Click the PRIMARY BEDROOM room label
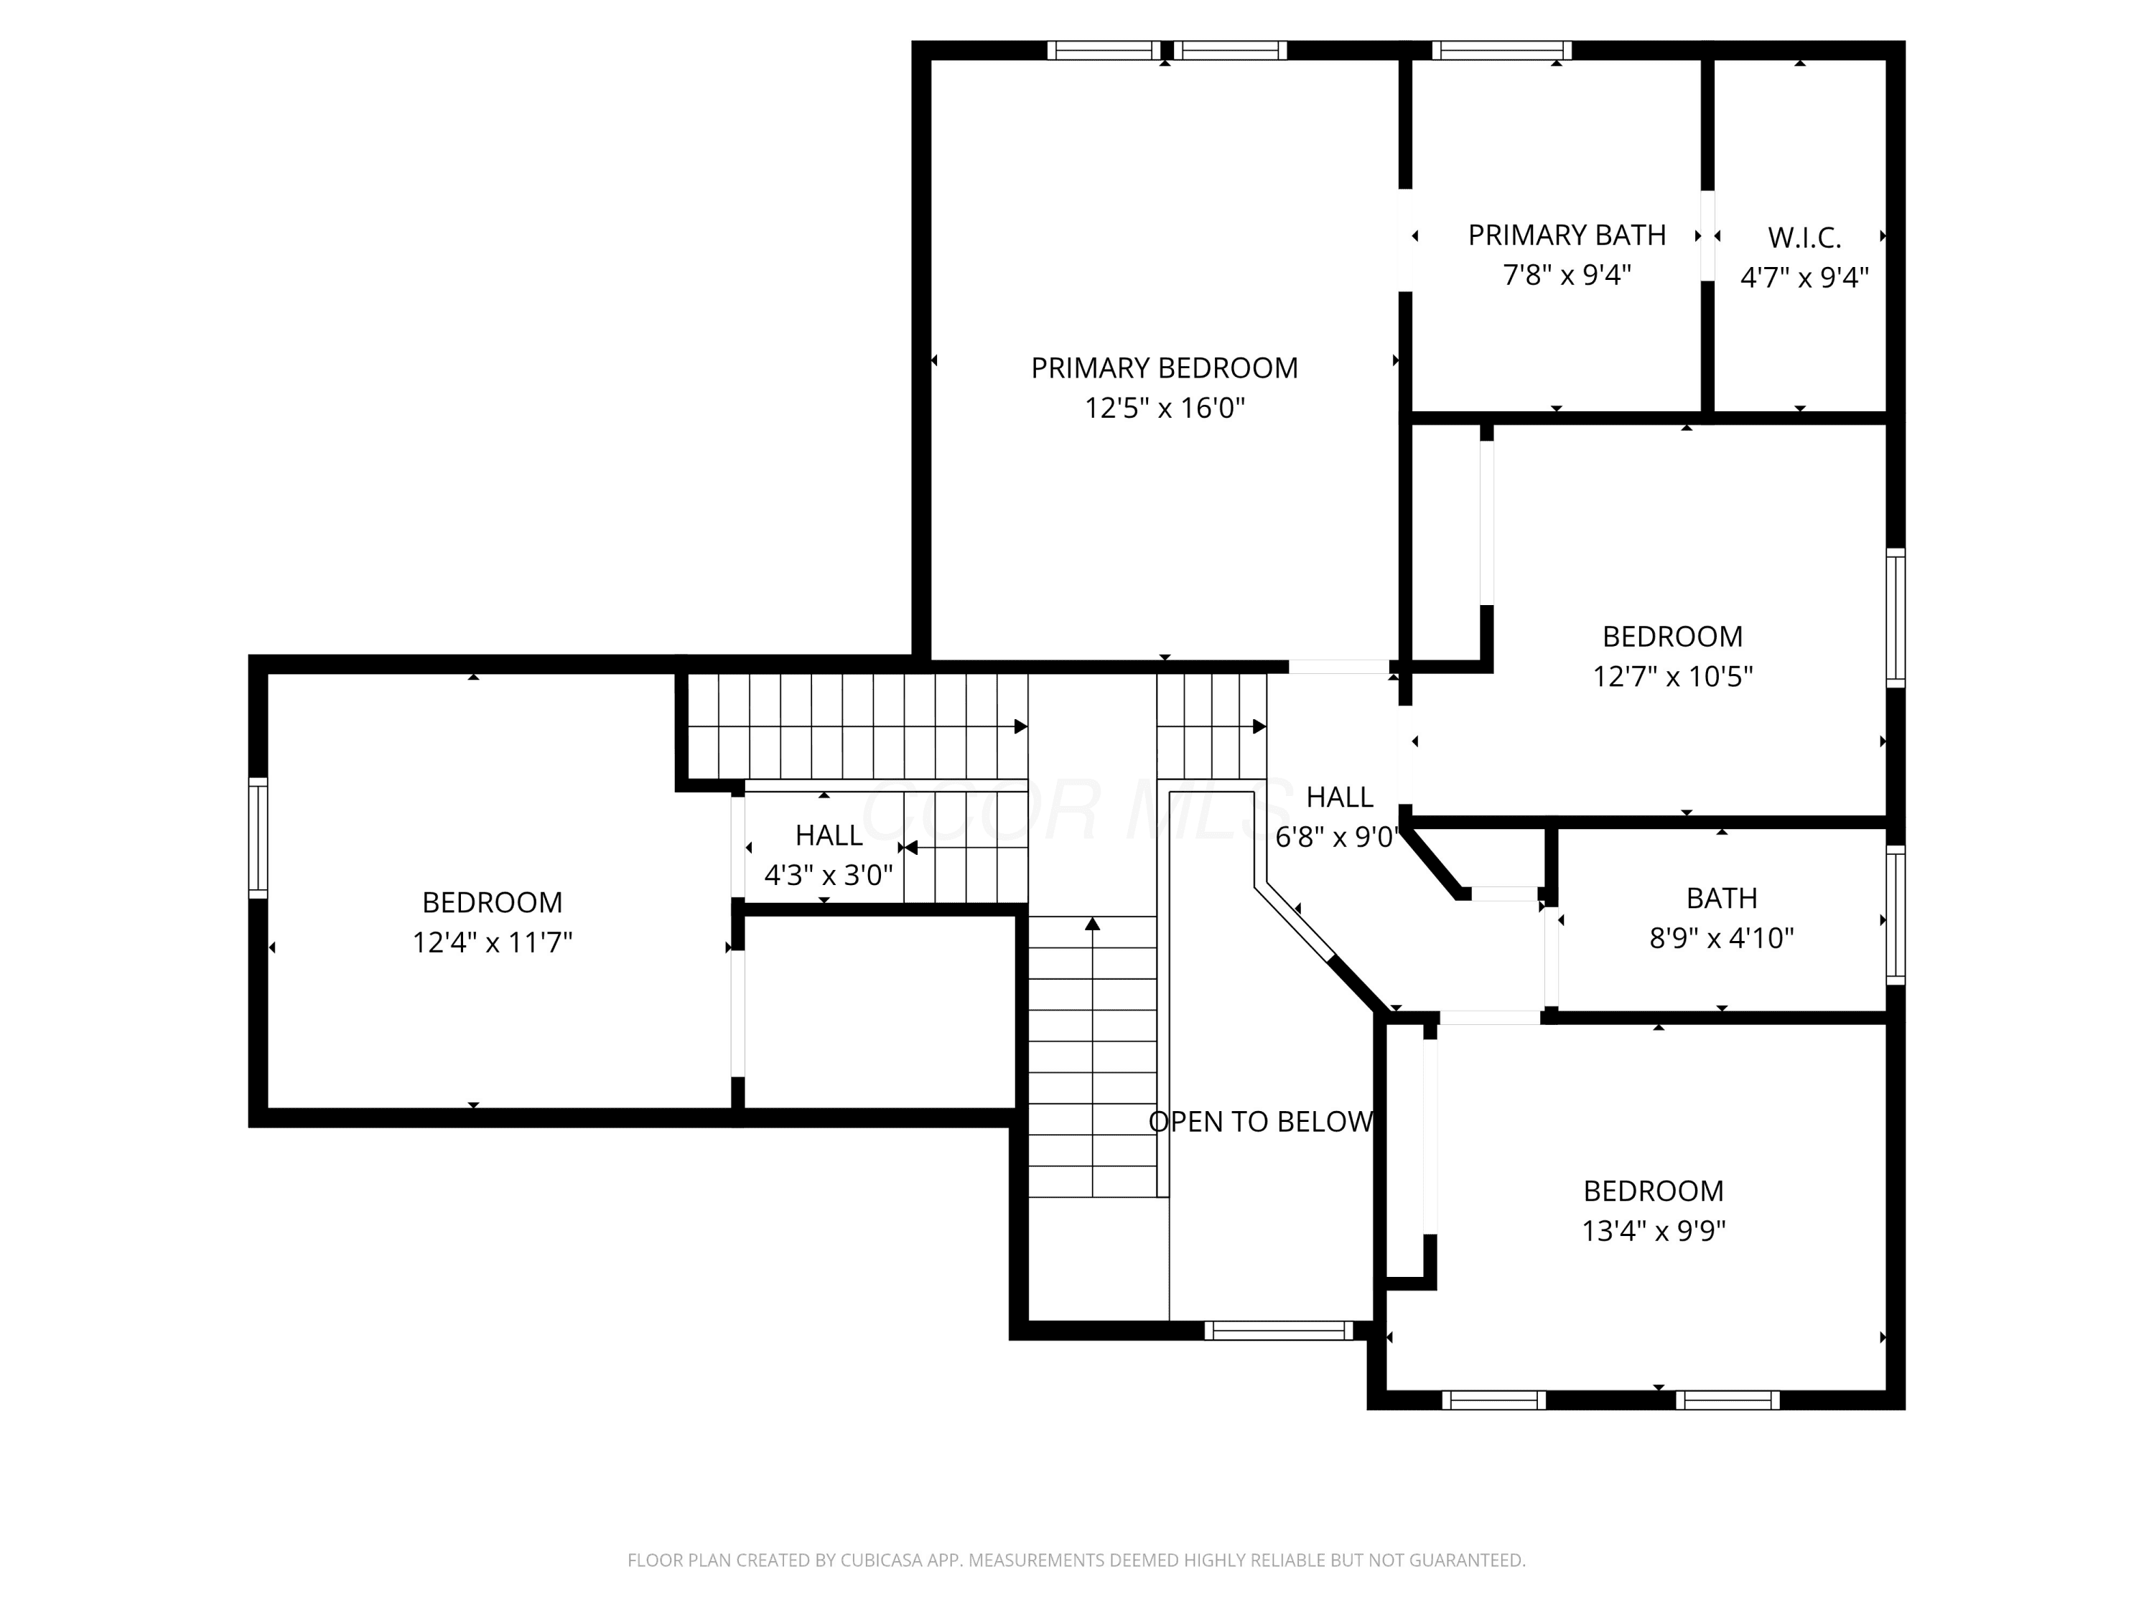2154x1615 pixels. tap(1164, 368)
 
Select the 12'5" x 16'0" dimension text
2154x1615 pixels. tap(1165, 408)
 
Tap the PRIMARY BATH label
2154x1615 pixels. tap(1567, 235)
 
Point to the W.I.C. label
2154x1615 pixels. tap(1804, 238)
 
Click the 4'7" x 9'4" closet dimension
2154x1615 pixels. tap(1804, 278)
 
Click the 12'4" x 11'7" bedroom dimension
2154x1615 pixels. tap(492, 943)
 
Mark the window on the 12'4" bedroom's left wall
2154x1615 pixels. tap(258, 837)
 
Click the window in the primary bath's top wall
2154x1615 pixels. tap(1501, 51)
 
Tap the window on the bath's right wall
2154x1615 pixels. tap(1895, 915)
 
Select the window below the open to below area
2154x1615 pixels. tap(1279, 1331)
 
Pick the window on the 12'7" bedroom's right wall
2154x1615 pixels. tap(1895, 618)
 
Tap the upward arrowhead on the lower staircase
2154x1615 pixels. tap(1093, 923)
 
